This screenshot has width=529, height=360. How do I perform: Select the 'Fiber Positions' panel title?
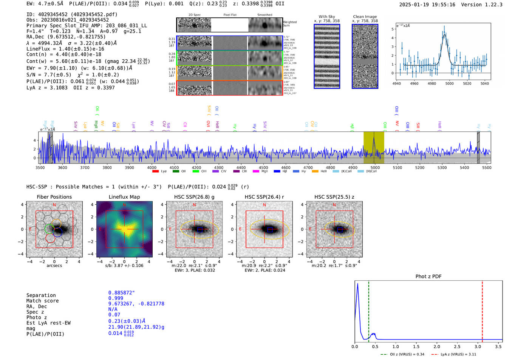[54, 197]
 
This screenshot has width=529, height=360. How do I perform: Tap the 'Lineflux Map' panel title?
[124, 197]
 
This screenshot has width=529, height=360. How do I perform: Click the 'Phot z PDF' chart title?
[428, 277]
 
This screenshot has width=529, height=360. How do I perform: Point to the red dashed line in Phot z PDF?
[482, 310]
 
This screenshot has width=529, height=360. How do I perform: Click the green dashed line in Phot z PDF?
[368, 310]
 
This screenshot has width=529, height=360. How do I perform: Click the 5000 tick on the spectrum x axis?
[375, 167]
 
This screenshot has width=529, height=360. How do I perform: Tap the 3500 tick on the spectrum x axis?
[40, 167]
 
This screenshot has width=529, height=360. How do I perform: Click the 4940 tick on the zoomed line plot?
[397, 83]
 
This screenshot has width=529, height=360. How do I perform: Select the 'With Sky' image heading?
[327, 17]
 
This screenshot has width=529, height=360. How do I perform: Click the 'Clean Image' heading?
[365, 17]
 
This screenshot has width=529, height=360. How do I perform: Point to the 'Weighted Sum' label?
[290, 24]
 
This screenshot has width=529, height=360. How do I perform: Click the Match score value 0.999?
[116, 298]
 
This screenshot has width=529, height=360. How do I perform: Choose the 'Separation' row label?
[41, 295]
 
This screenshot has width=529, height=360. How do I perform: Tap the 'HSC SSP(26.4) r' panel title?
[264, 197]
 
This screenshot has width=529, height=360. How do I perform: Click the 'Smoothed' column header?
[264, 15]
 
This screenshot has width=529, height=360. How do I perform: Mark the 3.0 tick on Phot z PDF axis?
[478, 346]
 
